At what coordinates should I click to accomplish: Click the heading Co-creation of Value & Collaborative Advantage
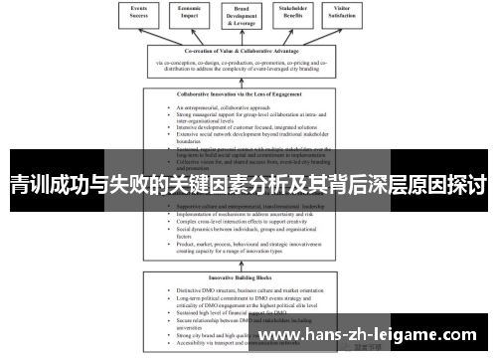[x=248, y=52]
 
